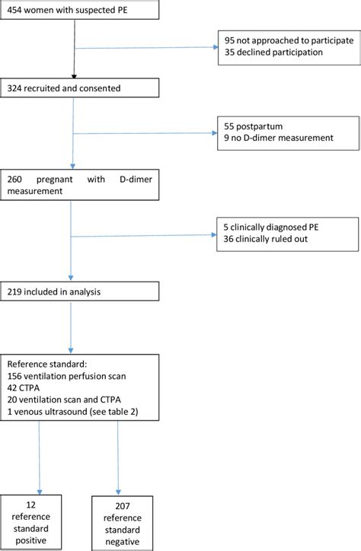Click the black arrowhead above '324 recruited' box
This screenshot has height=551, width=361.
click(x=74, y=77)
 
